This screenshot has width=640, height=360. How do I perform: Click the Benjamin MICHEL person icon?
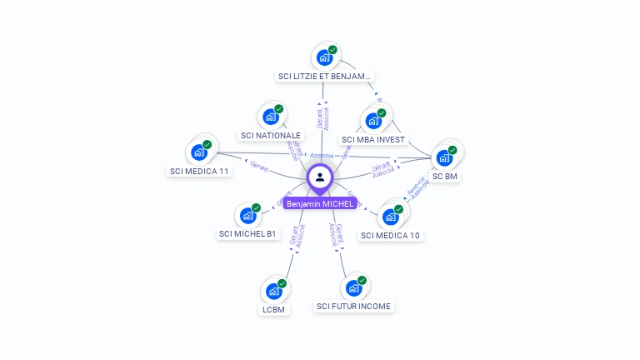320,177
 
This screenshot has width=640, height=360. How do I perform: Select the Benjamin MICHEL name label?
320,203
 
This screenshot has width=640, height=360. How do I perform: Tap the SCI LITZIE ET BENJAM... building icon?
324,58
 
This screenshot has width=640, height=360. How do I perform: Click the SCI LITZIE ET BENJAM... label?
323,76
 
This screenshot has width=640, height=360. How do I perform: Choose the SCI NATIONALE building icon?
271,117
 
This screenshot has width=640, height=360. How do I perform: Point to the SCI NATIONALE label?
271,135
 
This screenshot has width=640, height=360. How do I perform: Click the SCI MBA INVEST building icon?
373,121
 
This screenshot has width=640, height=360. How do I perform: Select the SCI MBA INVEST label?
373,139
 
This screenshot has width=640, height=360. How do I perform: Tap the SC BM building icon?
444,157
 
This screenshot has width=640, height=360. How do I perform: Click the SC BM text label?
445,177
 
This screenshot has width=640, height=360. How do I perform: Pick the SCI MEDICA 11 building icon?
199,152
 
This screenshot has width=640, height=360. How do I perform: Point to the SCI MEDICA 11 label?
199,171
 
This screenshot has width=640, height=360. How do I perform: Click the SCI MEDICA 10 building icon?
390,217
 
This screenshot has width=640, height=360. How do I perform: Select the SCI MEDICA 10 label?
390,235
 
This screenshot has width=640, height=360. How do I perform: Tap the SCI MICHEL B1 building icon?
247,215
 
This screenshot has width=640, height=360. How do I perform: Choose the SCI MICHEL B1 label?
247,234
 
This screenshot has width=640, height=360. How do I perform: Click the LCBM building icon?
273,292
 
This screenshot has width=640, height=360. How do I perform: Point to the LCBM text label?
273,310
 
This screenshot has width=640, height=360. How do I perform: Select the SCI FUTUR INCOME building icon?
353,288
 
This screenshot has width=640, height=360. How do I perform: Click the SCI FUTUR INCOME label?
353,307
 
